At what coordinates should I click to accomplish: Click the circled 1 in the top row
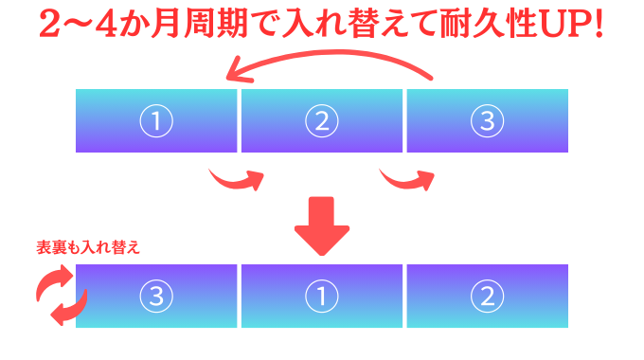(x=156, y=120)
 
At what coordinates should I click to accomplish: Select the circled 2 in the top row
(x=322, y=120)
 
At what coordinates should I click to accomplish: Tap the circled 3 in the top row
(x=488, y=120)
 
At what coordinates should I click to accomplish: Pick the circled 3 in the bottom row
(x=156, y=296)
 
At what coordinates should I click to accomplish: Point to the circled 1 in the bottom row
(x=322, y=296)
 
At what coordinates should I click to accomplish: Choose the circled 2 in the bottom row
(x=488, y=296)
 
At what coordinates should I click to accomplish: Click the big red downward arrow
(x=322, y=226)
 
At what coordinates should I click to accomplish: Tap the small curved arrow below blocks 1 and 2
(x=238, y=179)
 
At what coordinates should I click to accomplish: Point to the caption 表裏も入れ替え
(x=87, y=248)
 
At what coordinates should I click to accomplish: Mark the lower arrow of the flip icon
(x=70, y=309)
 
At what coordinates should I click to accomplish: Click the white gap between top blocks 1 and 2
(x=239, y=120)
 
